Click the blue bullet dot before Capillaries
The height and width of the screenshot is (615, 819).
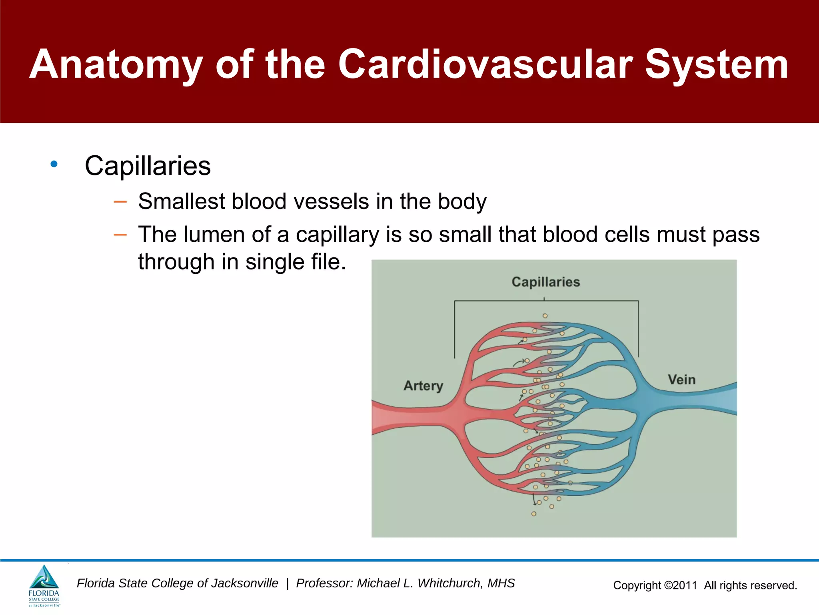point(54,164)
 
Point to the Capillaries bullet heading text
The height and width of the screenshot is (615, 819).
point(148,166)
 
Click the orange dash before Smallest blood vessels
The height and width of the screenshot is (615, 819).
point(120,201)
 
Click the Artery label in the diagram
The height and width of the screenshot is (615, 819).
point(423,386)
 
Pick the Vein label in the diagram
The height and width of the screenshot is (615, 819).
point(681,380)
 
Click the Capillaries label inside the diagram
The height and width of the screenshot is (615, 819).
point(545,282)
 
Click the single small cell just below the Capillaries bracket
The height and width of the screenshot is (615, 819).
point(545,316)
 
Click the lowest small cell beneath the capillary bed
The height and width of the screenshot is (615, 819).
point(534,514)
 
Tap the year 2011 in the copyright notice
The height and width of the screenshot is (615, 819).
point(685,585)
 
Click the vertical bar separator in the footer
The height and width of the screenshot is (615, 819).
point(287,584)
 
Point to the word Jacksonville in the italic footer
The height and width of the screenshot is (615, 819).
point(244,583)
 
